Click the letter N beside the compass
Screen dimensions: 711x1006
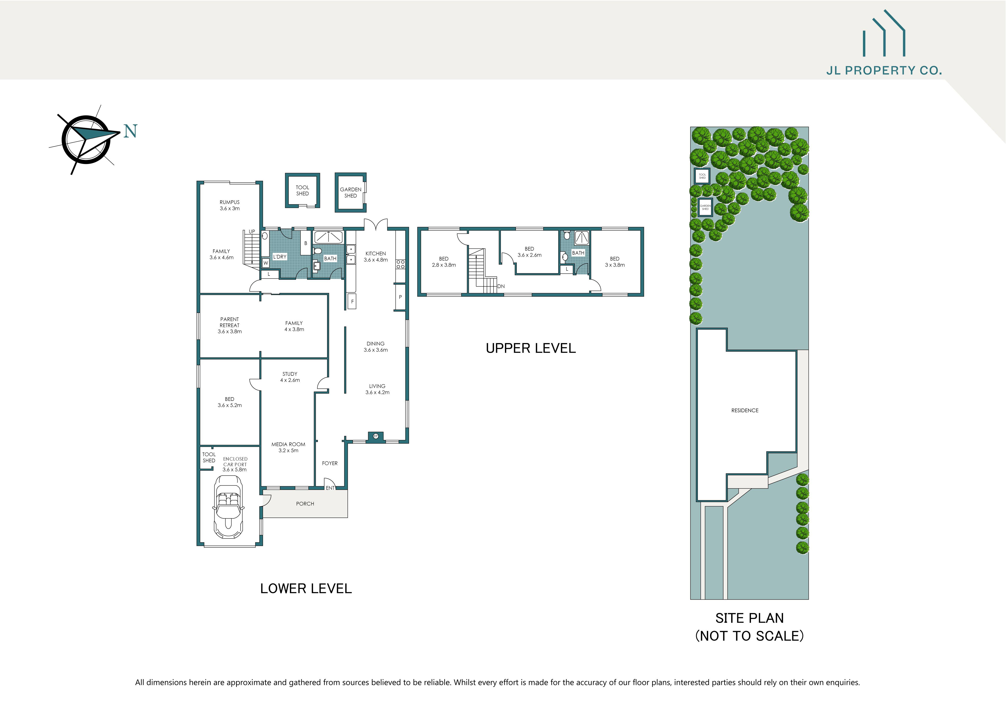[x=130, y=131]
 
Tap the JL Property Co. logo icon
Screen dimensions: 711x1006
[x=884, y=34]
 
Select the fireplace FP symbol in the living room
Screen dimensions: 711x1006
[x=375, y=436]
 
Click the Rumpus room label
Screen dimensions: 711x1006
[x=230, y=202]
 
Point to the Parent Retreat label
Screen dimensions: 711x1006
[x=230, y=322]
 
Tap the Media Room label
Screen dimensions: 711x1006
[x=288, y=444]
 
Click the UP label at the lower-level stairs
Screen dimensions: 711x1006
[x=252, y=232]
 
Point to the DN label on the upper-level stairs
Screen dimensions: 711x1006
[x=501, y=286]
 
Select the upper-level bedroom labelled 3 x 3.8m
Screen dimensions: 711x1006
[x=615, y=262]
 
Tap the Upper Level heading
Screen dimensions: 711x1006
[x=531, y=348]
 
